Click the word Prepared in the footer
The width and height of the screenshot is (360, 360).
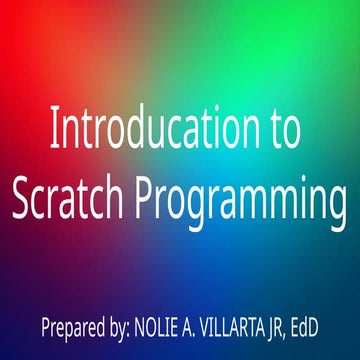73,326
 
